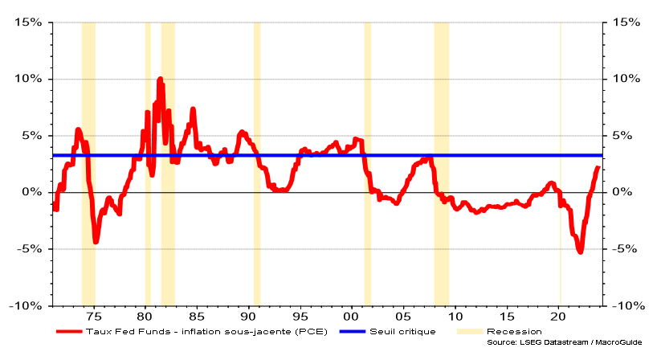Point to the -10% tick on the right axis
627,305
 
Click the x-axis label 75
93,316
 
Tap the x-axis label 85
197,316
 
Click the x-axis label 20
560,316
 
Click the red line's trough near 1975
96,240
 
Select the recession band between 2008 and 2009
441,161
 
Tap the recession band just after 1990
257,161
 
